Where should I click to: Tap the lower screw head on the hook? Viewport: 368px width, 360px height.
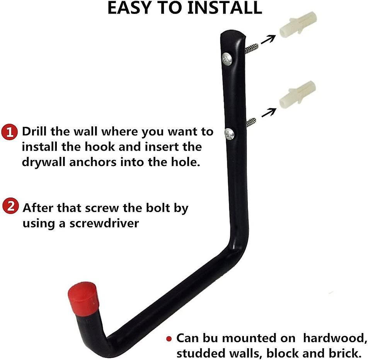point(229,134)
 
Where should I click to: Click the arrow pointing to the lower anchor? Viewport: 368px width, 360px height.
point(269,112)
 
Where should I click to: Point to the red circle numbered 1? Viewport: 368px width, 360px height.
point(9,132)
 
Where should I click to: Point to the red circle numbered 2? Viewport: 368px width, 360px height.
point(10,207)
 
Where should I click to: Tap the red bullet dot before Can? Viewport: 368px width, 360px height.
point(169,339)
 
